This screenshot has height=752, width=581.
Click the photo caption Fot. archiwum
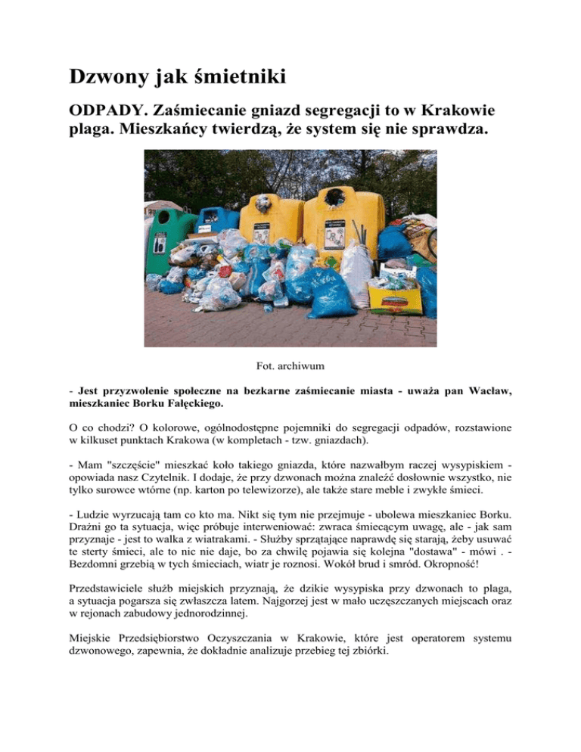[290, 366]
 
